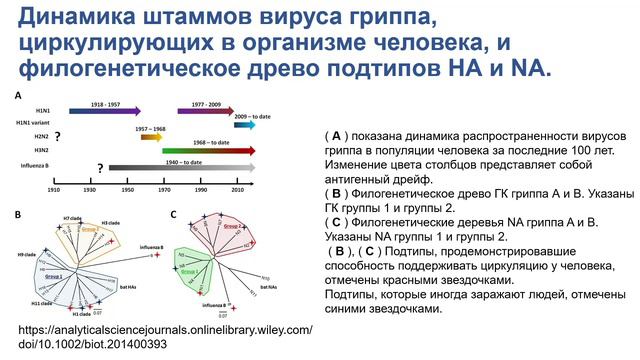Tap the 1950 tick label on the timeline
[x=127, y=189]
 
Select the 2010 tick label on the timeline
[x=237, y=189]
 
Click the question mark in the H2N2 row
[x=58, y=136]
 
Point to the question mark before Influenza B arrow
[x=100, y=167]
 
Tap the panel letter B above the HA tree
[x=16, y=214]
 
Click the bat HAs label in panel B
[x=143, y=288]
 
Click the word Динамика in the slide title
[x=83, y=18]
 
